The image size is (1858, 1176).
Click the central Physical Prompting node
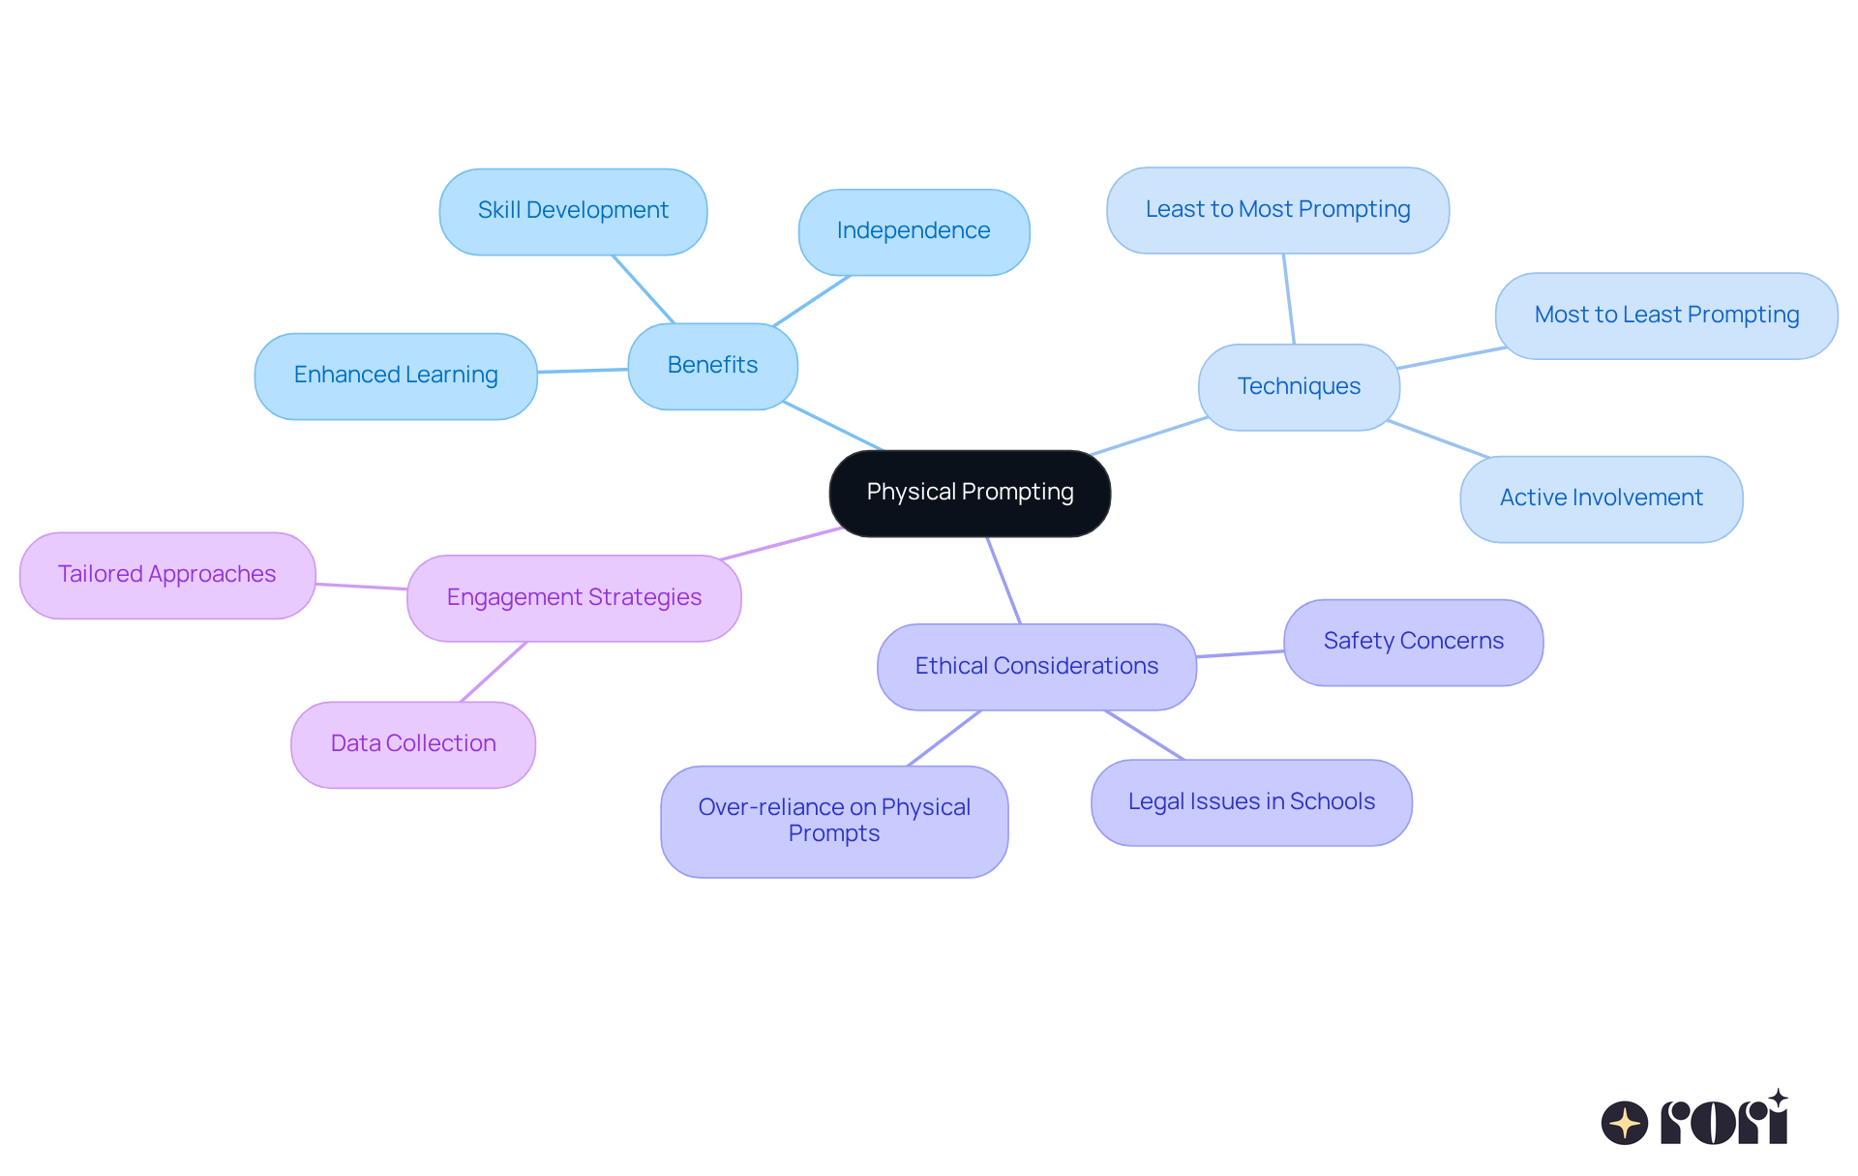pyautogui.click(x=970, y=493)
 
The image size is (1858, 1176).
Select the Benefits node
pyautogui.click(x=712, y=366)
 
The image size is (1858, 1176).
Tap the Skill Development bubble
pyautogui.click(x=573, y=211)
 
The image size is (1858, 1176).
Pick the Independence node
pyautogui.click(x=914, y=231)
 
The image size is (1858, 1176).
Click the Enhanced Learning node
pyautogui.click(x=396, y=376)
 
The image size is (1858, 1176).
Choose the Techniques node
pyautogui.click(x=1299, y=387)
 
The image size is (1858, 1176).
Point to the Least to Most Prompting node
pyautogui.click(x=1277, y=210)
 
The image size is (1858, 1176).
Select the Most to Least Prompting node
pyautogui.click(x=1666, y=316)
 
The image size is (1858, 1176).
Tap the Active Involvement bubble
pyautogui.click(x=1601, y=498)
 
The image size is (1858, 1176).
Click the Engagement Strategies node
pyautogui.click(x=574, y=598)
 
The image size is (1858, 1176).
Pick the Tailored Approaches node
pyautogui.click(x=167, y=575)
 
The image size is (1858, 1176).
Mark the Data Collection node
pyautogui.click(x=413, y=744)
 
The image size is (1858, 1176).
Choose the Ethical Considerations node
pyautogui.click(x=1036, y=667)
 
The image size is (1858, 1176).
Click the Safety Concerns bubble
pyautogui.click(x=1413, y=642)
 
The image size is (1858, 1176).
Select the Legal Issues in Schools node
pyautogui.click(x=1251, y=802)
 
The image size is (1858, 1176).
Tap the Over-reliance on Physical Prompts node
pyautogui.click(x=834, y=821)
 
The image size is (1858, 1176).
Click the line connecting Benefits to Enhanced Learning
pyautogui.click(x=583, y=370)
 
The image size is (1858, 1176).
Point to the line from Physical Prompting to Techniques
pyautogui.click(x=1149, y=436)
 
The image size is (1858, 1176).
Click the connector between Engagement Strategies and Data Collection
pyautogui.click(x=494, y=672)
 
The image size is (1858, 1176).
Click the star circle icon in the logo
pyautogui.click(x=1625, y=1123)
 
